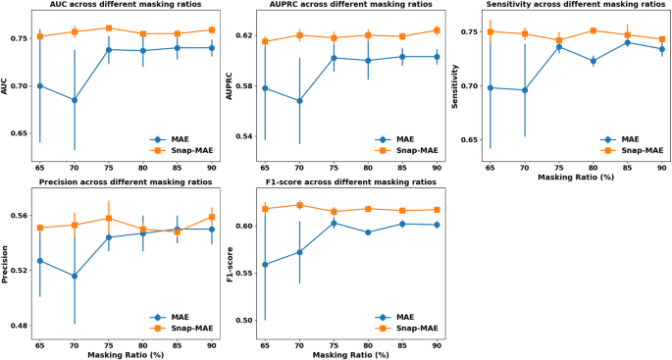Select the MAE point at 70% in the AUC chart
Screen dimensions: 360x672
point(74,100)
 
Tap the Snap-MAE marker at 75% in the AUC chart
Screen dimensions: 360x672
point(108,28)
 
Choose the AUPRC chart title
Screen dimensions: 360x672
point(340,6)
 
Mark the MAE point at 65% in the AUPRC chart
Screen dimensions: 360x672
point(265,88)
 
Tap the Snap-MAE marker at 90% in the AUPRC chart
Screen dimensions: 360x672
point(437,30)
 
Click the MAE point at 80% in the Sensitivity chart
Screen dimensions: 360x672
point(593,61)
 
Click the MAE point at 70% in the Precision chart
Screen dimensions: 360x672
point(74,276)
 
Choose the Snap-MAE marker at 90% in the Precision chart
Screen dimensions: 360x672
point(211,218)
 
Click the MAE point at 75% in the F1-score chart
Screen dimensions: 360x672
point(334,223)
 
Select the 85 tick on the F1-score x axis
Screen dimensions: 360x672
point(402,344)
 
